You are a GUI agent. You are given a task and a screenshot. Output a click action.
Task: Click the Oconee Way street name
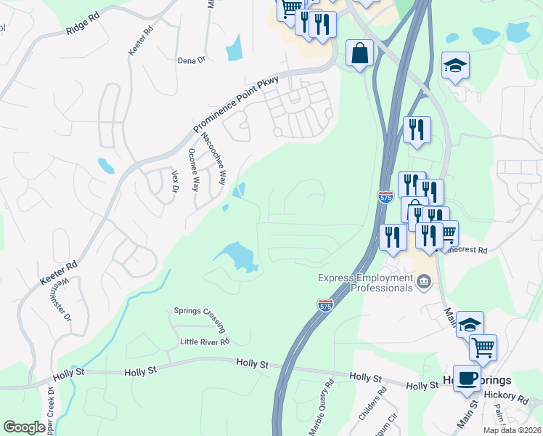pos(194,169)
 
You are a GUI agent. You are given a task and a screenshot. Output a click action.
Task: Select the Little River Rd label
pos(205,341)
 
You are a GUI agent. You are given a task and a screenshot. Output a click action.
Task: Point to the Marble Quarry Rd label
pos(321,407)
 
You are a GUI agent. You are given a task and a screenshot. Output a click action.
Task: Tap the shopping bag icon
pos(360,53)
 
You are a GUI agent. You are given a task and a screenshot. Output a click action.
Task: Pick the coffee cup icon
pos(467,378)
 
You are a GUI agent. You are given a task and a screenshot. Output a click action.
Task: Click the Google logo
pos(24,427)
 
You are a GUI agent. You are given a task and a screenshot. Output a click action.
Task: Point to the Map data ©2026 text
pos(513,430)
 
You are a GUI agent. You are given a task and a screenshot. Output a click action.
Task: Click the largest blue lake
pos(237,257)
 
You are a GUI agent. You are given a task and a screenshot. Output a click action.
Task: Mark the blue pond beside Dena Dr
pos(233,48)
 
